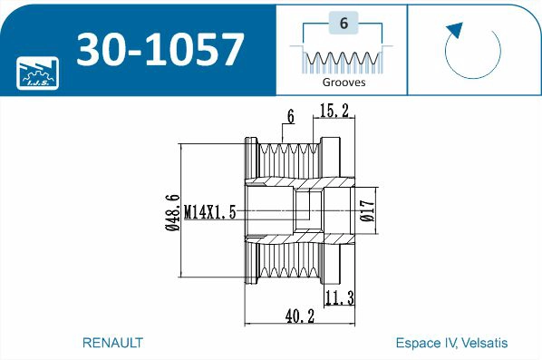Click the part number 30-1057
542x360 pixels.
click(160, 49)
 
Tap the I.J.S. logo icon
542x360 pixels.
click(38, 73)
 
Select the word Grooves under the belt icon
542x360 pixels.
click(344, 83)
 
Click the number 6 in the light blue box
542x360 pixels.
click(344, 24)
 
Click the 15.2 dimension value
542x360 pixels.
click(334, 111)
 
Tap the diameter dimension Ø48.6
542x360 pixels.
click(172, 212)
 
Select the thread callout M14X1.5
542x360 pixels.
click(209, 212)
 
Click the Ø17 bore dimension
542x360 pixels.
click(367, 210)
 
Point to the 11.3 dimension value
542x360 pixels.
click(340, 298)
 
